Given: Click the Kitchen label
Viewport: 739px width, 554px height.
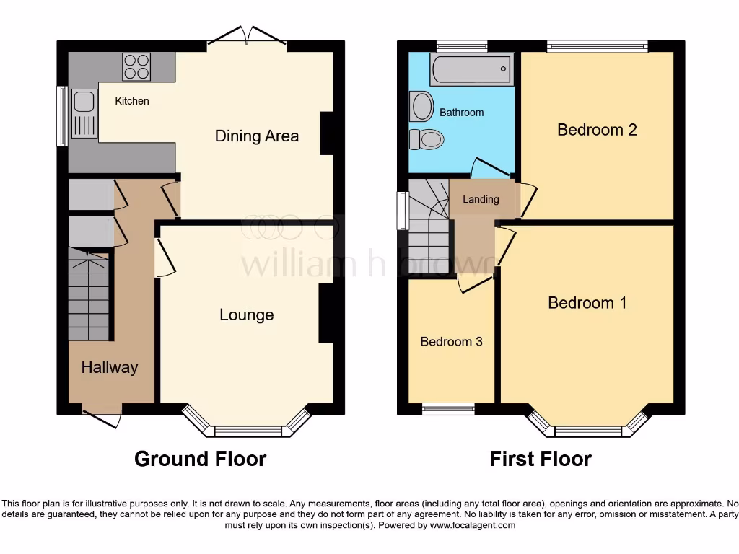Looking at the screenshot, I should [132, 101].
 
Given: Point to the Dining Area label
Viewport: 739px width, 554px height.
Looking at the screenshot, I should [257, 136].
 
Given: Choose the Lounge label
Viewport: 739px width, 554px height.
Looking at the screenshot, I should [247, 315].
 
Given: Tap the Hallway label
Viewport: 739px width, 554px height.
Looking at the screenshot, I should [109, 367].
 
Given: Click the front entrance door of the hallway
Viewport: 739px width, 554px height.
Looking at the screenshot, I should [102, 417].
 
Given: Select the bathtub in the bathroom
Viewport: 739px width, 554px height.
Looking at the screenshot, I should [472, 70].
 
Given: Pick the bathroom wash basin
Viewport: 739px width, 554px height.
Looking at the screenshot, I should [421, 106].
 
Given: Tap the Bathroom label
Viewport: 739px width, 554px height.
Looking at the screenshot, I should [461, 113].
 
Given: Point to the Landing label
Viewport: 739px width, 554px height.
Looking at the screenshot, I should [481, 199].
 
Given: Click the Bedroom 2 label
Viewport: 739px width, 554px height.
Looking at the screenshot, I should [597, 130].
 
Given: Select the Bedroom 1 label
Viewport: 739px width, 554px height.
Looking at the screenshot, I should [587, 302].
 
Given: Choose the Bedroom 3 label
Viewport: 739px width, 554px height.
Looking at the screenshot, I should [451, 341].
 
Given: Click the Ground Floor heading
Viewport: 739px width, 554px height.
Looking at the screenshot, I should [200, 459].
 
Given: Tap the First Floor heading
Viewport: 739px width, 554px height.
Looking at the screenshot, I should [541, 459].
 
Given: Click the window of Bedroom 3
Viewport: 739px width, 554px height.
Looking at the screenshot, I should [449, 409].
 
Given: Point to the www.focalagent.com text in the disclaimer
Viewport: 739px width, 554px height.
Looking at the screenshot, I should [474, 526].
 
